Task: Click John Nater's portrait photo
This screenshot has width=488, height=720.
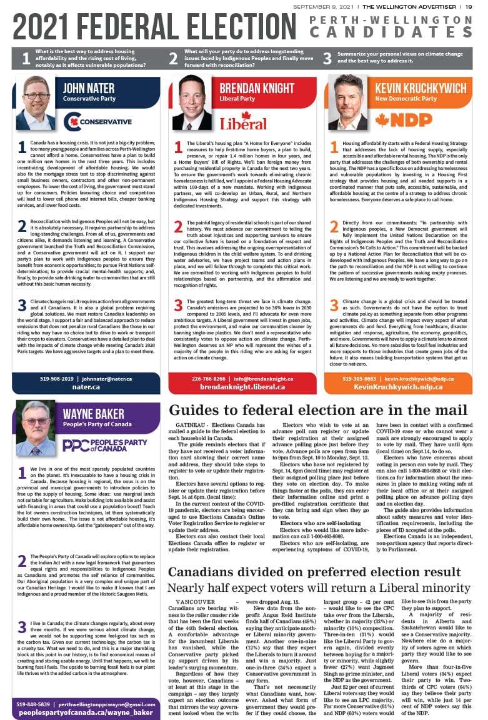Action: coord(36,103)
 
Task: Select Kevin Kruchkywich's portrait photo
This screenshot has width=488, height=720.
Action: coord(348,103)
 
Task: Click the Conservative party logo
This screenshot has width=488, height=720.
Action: coord(98,121)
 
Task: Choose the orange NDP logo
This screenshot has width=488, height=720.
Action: coord(404,119)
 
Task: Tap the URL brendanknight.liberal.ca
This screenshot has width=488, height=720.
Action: coord(242,387)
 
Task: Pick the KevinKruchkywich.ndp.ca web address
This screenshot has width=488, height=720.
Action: coord(398,387)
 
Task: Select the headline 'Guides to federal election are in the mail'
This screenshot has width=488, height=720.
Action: coord(318,411)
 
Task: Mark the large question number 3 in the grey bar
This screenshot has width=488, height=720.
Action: coord(327,59)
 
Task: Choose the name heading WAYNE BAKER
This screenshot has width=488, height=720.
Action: coord(93,414)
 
